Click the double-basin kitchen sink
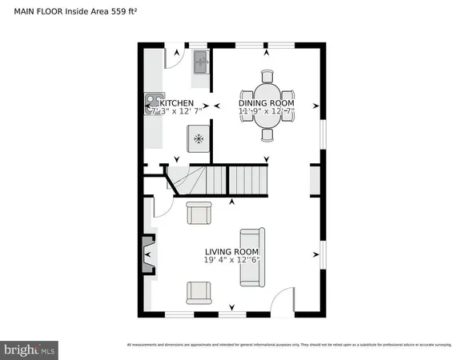(x=200, y=62)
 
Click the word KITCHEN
(x=177, y=103)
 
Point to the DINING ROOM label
(x=267, y=103)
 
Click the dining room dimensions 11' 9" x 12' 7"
(x=267, y=114)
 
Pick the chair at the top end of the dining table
(x=267, y=77)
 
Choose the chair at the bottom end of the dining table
(x=267, y=134)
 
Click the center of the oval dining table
(x=267, y=106)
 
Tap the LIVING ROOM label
(x=232, y=250)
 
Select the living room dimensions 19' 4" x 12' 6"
(x=232, y=261)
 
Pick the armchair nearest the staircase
(x=199, y=214)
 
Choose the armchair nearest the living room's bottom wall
(x=199, y=293)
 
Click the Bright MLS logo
(x=30, y=349)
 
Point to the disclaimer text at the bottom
(x=294, y=345)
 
